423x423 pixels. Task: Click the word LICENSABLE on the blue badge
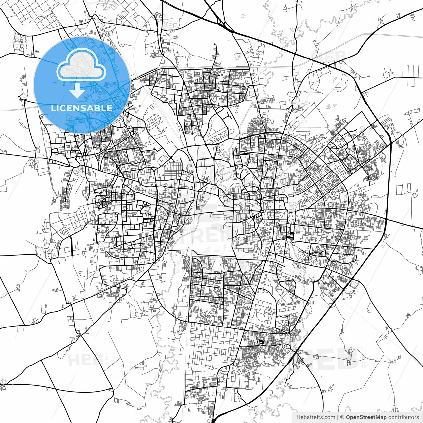[82, 108]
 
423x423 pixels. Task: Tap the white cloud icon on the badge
[81, 65]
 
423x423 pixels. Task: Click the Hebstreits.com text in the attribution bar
[316, 417]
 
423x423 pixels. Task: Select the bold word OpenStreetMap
[366, 417]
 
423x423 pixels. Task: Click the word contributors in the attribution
[404, 417]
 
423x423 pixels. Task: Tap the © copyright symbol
[342, 417]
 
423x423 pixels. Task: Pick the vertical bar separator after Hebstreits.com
[337, 417]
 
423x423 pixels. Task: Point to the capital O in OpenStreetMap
[348, 417]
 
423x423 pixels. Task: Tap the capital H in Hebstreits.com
[298, 417]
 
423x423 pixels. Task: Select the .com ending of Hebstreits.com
[329, 417]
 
